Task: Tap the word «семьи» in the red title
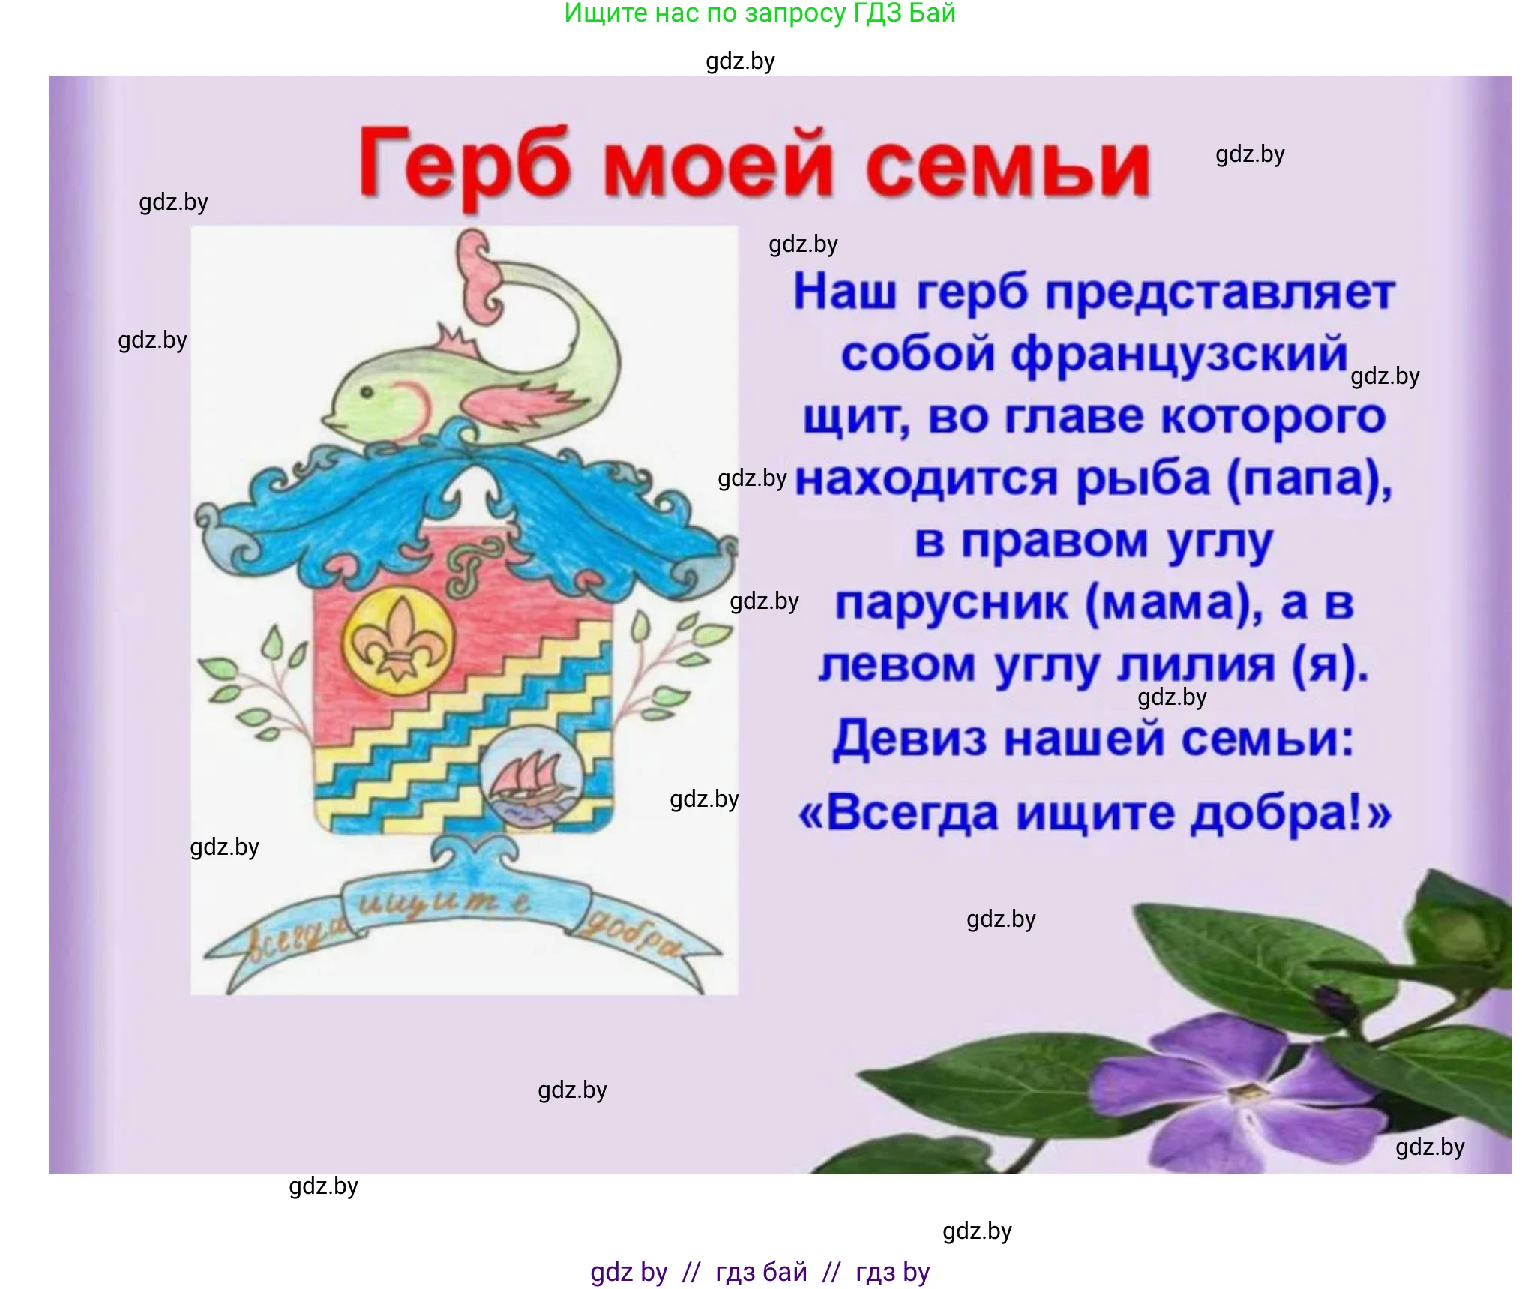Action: click(1008, 166)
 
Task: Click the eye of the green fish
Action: click(367, 392)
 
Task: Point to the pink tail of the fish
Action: click(478, 277)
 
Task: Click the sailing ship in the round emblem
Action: click(529, 777)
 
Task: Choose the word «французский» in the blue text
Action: click(1179, 354)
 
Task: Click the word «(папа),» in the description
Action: click(1309, 478)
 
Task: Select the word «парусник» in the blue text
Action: click(951, 603)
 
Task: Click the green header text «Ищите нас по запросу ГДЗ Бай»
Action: click(760, 13)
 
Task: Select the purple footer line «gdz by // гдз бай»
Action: click(760, 1273)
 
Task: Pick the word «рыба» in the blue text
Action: click(1143, 478)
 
